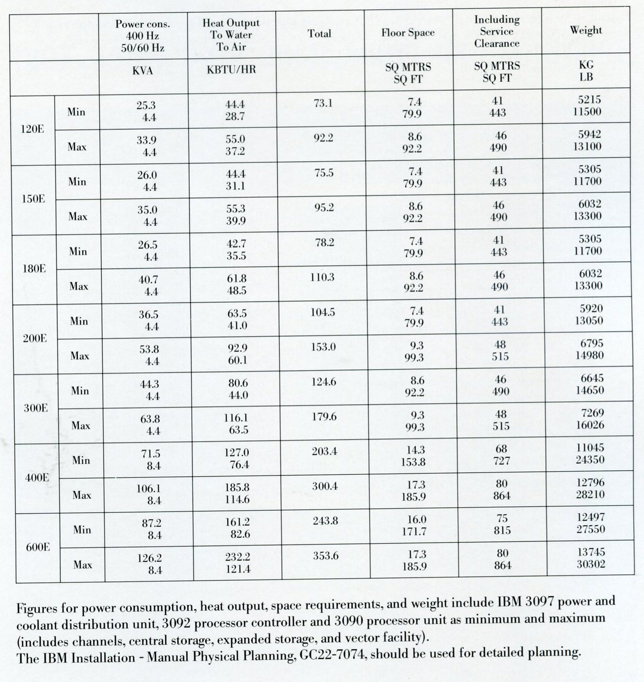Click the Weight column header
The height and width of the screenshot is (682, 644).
tap(586, 30)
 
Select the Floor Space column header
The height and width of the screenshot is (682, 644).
tap(408, 33)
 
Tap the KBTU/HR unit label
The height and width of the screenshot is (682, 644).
tap(231, 70)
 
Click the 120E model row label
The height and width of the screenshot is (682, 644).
tap(32, 129)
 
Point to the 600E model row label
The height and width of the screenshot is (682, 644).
tap(38, 547)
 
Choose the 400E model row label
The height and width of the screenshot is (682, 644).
tap(37, 478)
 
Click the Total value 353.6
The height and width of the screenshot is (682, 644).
tap(326, 556)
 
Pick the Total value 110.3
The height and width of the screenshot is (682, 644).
tap(322, 277)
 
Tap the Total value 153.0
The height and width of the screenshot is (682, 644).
tap(323, 347)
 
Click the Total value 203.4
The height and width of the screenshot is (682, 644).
tap(324, 452)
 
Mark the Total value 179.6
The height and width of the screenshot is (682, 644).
tap(324, 417)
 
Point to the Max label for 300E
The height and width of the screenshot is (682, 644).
tap(81, 426)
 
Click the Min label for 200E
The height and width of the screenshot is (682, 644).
tap(79, 321)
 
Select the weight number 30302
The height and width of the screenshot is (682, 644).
tap(591, 564)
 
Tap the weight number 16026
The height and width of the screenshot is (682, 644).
tap(590, 425)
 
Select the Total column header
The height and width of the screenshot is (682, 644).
tap(319, 33)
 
